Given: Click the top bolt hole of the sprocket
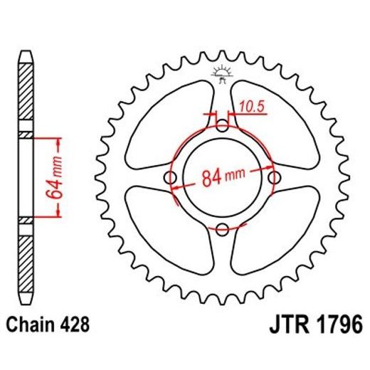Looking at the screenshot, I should click(x=223, y=127).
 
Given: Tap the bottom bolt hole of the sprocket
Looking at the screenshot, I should click(x=223, y=228).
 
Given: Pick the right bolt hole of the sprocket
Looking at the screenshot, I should click(x=273, y=178).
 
